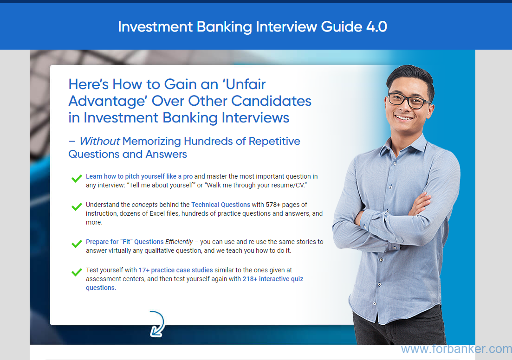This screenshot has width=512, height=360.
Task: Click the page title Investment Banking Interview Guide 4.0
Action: pos(253,27)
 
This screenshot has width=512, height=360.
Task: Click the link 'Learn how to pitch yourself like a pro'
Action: pos(139,177)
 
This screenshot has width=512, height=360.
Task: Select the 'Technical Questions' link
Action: pos(221,205)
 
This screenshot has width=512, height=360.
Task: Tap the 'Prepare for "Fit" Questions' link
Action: pos(125,242)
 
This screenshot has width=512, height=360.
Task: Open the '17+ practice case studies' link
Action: pos(175,270)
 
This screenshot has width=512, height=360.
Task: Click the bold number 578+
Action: pos(273,205)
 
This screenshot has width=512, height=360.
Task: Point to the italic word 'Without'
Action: pos(100,141)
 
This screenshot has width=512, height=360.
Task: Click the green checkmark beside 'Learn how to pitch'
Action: pos(77,178)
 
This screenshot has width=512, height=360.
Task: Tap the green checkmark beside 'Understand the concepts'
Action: pos(77,206)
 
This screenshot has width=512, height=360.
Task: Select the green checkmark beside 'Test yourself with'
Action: pos(77,272)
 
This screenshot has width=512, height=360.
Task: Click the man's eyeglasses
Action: pos(408,100)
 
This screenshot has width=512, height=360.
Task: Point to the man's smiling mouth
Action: pos(404,117)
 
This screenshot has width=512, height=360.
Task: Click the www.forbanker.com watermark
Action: pos(456,349)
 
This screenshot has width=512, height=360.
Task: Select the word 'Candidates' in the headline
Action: pos(272,101)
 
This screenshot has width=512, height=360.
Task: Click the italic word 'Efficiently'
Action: pos(179,242)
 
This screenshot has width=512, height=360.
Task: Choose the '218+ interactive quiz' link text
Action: pos(273,279)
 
